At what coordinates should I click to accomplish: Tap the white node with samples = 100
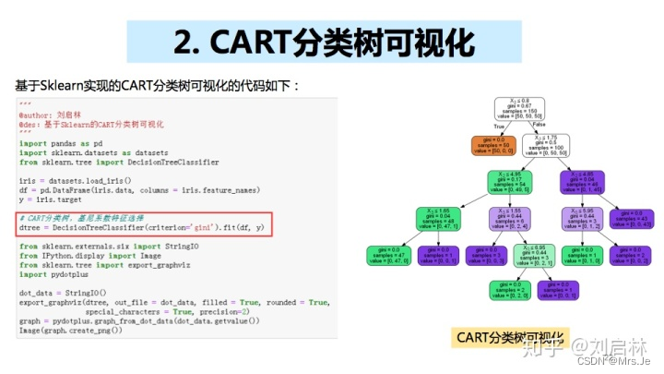[x=544, y=144]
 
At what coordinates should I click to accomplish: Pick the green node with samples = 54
[x=510, y=180]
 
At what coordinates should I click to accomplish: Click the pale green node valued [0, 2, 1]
[x=535, y=254]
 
